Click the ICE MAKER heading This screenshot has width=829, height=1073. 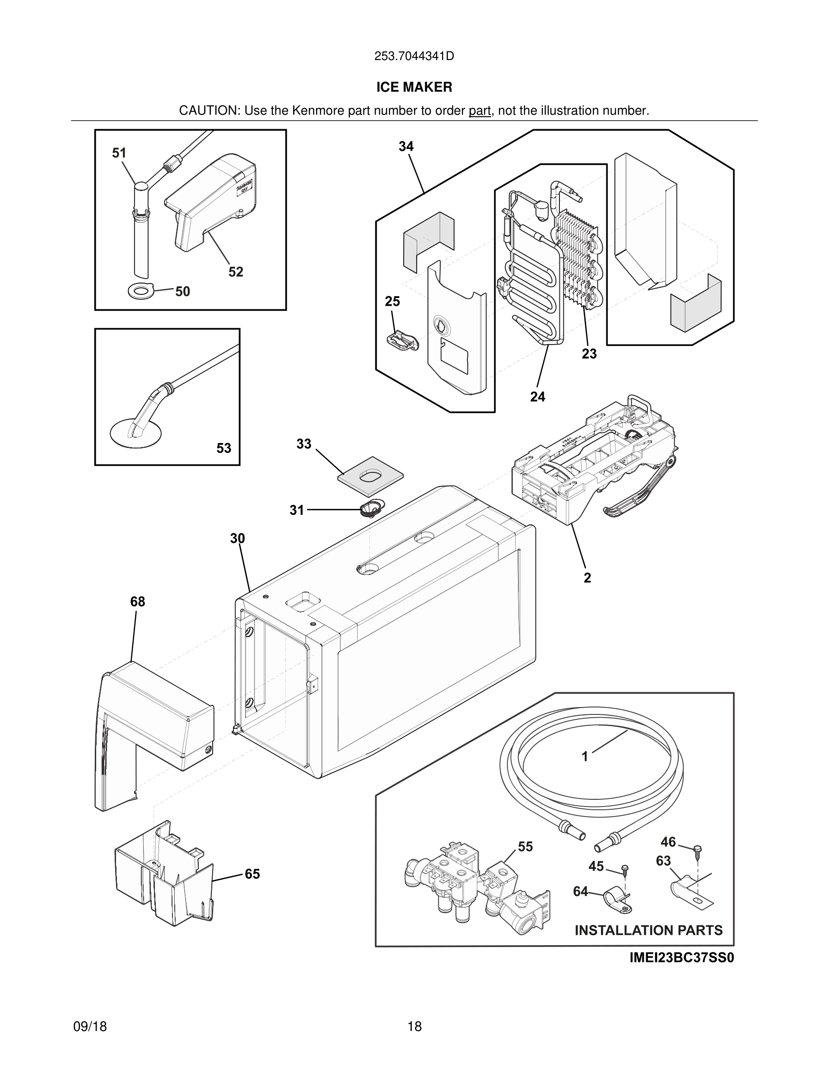click(x=414, y=87)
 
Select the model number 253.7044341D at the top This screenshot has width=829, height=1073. click(x=414, y=56)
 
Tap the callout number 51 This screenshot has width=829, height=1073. click(x=119, y=153)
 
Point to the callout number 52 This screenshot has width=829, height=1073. click(x=236, y=272)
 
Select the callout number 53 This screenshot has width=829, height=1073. click(x=224, y=448)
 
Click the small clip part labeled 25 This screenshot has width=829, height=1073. click(x=402, y=341)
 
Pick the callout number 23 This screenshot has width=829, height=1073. click(x=589, y=354)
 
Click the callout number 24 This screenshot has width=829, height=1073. click(x=538, y=397)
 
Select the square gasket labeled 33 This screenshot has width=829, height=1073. click(x=371, y=474)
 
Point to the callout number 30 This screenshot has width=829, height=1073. click(x=238, y=538)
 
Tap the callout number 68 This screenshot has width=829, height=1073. click(x=138, y=602)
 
